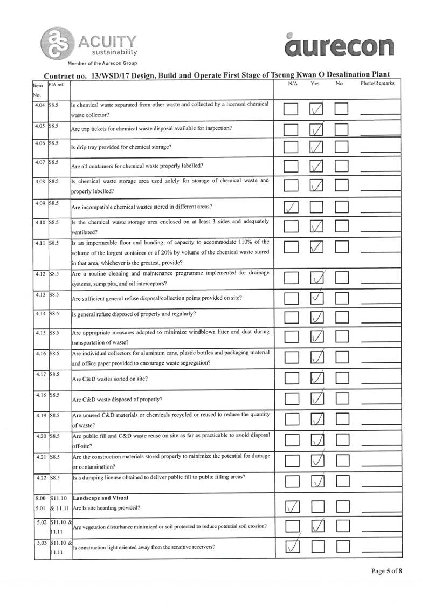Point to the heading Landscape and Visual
(96, 497)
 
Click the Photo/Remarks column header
(377, 84)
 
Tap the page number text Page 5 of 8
(386, 572)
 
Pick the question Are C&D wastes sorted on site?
(110, 379)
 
